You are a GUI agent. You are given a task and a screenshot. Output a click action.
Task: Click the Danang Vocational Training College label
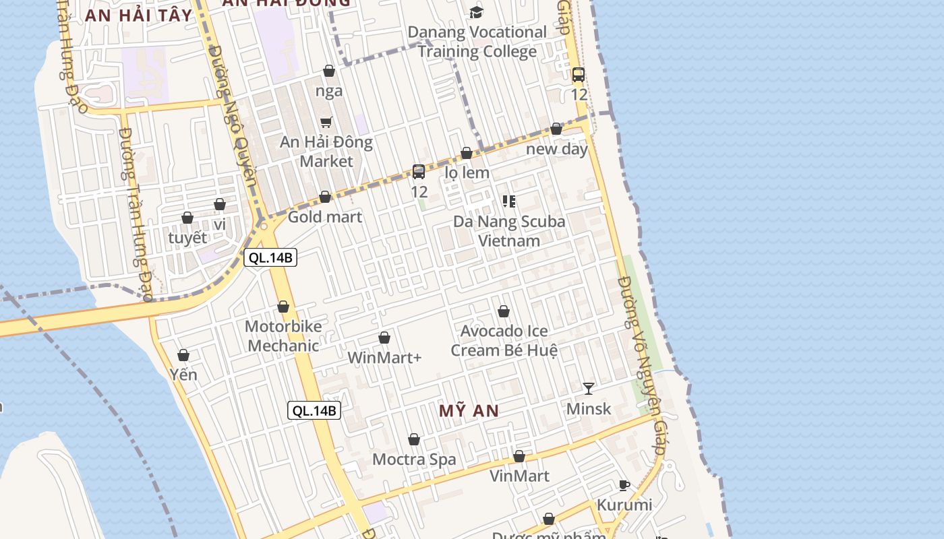477,42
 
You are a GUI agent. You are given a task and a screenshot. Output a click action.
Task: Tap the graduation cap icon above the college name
477,12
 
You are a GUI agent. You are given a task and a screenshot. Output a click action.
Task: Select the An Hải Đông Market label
326,152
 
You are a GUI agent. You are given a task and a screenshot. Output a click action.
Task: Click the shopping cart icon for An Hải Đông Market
326,122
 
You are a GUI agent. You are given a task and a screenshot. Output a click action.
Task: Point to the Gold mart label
325,217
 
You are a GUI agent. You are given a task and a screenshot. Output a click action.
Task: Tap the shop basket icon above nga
329,71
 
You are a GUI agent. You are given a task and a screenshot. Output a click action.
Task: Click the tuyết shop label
187,238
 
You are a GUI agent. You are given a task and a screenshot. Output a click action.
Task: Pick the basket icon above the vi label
220,204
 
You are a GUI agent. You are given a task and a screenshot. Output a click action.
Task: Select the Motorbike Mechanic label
283,336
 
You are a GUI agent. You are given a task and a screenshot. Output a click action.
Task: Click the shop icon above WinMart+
384,338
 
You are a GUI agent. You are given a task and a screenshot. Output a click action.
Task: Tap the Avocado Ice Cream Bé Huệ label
504,341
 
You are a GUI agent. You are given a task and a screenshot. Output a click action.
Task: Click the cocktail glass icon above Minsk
589,389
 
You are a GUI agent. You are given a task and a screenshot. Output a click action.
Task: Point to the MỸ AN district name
469,411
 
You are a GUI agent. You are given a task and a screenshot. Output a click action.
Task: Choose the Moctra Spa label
414,459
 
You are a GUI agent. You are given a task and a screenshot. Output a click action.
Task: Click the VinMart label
519,476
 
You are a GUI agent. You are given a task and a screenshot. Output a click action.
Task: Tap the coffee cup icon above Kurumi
624,485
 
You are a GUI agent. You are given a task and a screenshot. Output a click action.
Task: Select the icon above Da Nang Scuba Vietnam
509,201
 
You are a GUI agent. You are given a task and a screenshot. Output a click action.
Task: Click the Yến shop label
183,375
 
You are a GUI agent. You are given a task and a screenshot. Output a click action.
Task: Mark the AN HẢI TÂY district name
138,15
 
